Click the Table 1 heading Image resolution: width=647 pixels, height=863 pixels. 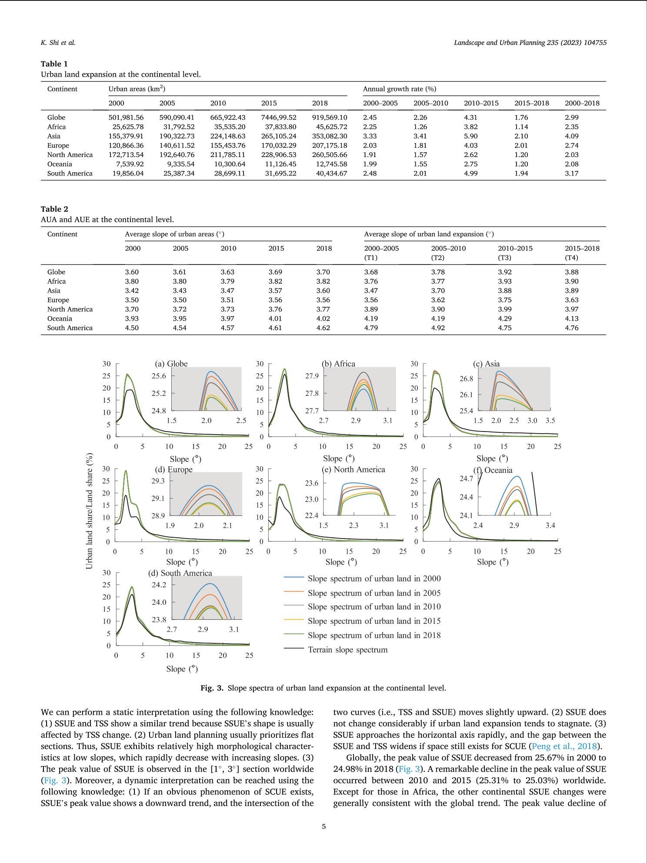tap(54, 64)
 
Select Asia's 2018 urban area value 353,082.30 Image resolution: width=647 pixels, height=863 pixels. tap(330, 136)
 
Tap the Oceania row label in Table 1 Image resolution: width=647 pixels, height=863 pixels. tap(60, 164)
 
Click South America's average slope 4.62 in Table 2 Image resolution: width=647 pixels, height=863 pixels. tap(323, 328)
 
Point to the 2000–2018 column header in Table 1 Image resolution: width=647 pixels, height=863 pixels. tap(582, 103)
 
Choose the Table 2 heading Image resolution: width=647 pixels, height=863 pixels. tap(54, 209)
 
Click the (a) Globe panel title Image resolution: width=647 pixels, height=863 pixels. tap(171, 364)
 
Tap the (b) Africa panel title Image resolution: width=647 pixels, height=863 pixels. tap(338, 364)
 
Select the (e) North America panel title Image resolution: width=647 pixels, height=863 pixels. tap(353, 469)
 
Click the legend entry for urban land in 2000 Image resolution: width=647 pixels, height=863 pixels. tap(374, 579)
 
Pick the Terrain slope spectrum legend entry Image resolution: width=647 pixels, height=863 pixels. tap(347, 650)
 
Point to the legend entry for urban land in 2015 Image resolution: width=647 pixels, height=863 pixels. tap(374, 621)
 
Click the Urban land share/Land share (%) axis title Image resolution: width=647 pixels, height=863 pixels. tap(90, 511)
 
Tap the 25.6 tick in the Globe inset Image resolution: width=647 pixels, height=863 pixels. tap(159, 376)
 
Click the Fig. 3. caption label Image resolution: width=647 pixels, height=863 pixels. tap(212, 688)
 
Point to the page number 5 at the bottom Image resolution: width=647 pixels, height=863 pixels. tap(323, 826)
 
